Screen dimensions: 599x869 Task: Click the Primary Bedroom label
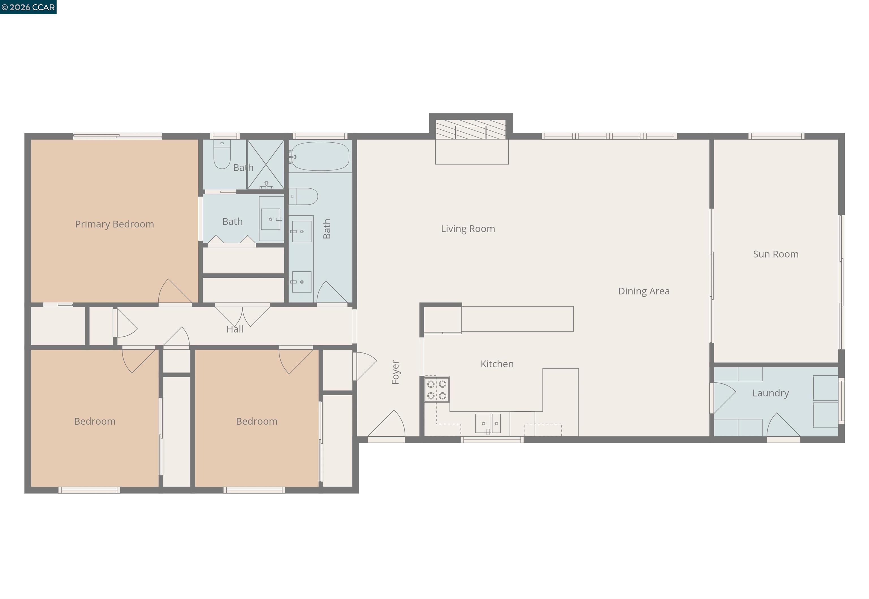114,224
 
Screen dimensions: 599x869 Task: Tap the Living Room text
468,228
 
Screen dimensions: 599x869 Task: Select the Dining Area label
644,291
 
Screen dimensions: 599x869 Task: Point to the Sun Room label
776,254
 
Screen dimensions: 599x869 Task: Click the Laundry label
770,393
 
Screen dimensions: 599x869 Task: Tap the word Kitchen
497,364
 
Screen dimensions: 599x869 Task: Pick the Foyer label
395,372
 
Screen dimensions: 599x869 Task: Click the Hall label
235,329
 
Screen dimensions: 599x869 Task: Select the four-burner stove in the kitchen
436,390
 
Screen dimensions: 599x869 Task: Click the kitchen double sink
488,424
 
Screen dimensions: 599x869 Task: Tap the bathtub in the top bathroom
320,156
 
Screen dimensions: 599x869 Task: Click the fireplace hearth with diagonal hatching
471,129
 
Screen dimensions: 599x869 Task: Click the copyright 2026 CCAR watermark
28,7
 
